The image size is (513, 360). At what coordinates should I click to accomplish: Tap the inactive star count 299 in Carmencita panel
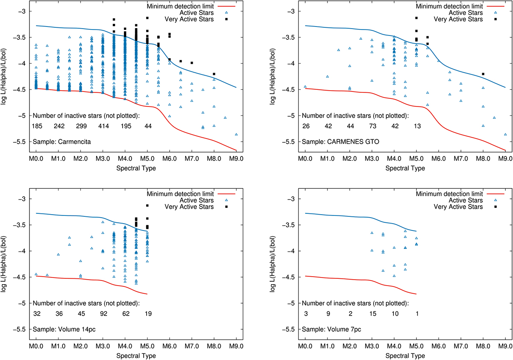click(x=81, y=127)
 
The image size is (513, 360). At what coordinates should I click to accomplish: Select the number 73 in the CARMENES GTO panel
click(x=371, y=127)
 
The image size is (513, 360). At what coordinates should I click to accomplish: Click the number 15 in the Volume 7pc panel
click(x=371, y=314)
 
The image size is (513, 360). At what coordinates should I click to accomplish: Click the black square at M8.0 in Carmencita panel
click(x=214, y=74)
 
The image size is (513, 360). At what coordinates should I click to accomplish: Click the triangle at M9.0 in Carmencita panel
click(x=236, y=134)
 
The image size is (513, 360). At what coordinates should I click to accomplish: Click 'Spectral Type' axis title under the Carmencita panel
click(x=136, y=168)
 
